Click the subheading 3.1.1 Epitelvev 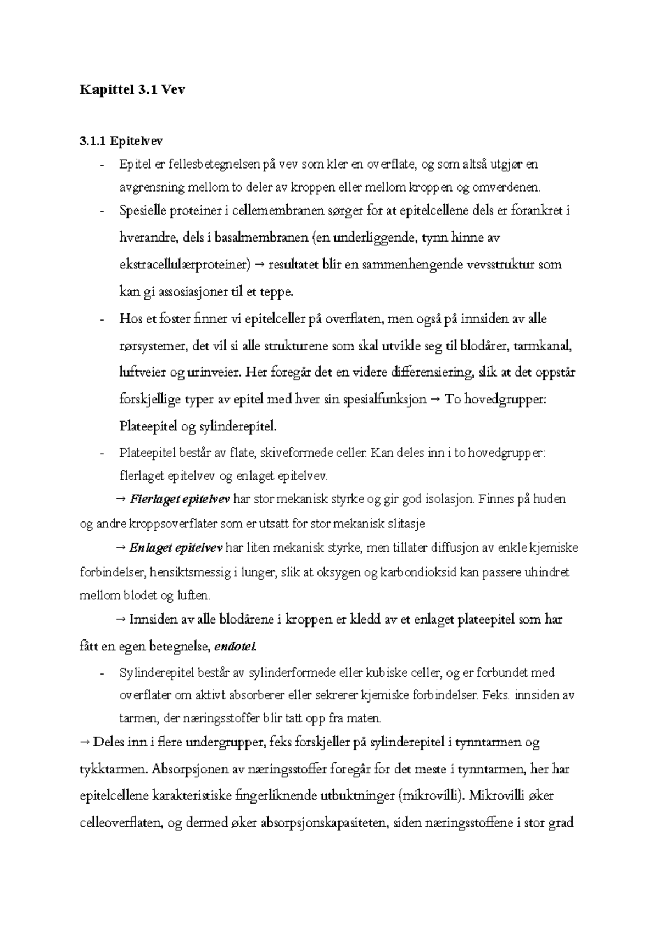pyautogui.click(x=121, y=141)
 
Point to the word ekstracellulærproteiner pyautogui.click(x=184, y=265)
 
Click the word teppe pyautogui.click(x=277, y=292)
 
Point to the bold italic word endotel pyautogui.click(x=235, y=647)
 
